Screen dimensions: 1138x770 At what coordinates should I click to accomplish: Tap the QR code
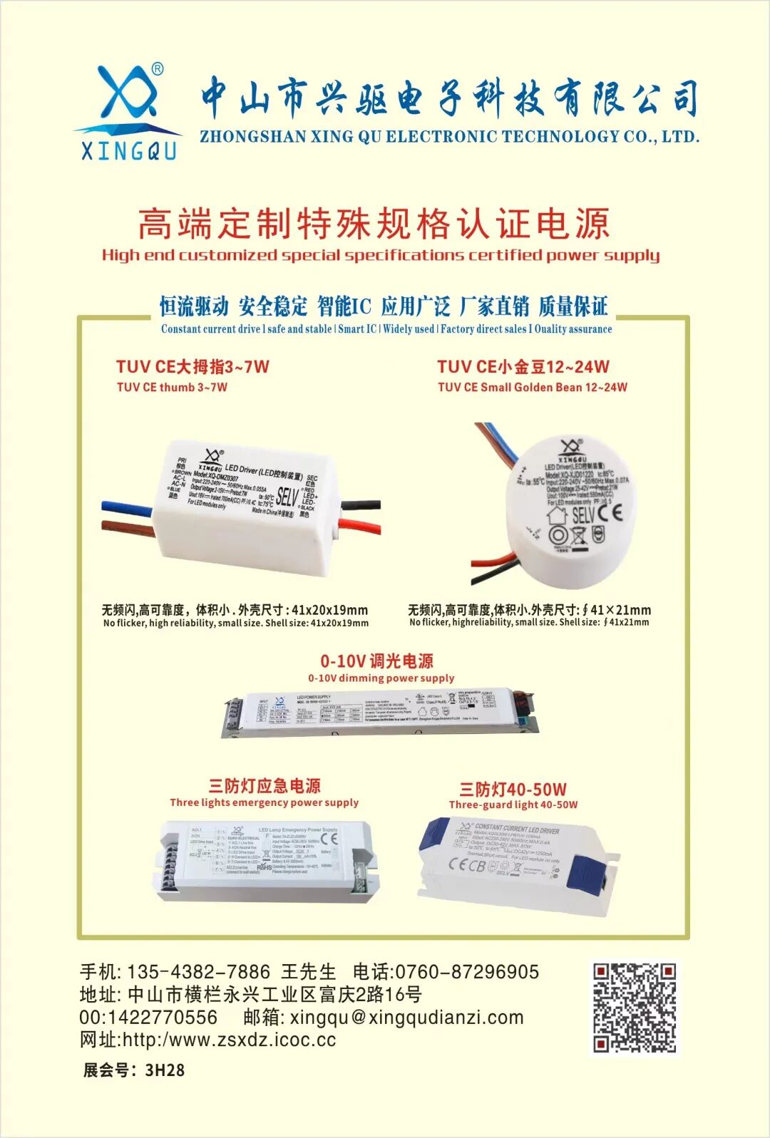point(635,1007)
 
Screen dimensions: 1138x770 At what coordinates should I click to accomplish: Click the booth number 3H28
point(164,1070)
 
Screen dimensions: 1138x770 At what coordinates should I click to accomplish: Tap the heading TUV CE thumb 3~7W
point(172,388)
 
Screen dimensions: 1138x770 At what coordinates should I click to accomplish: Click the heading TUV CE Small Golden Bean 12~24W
point(532,388)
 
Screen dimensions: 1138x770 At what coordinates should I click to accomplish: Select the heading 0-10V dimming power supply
point(381,678)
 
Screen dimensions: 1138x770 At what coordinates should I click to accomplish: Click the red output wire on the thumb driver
point(360,527)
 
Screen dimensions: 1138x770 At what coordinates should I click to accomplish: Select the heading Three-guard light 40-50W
point(513,805)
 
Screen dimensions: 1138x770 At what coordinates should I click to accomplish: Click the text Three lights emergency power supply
point(264,802)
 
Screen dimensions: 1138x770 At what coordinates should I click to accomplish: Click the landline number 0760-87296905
point(467,972)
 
